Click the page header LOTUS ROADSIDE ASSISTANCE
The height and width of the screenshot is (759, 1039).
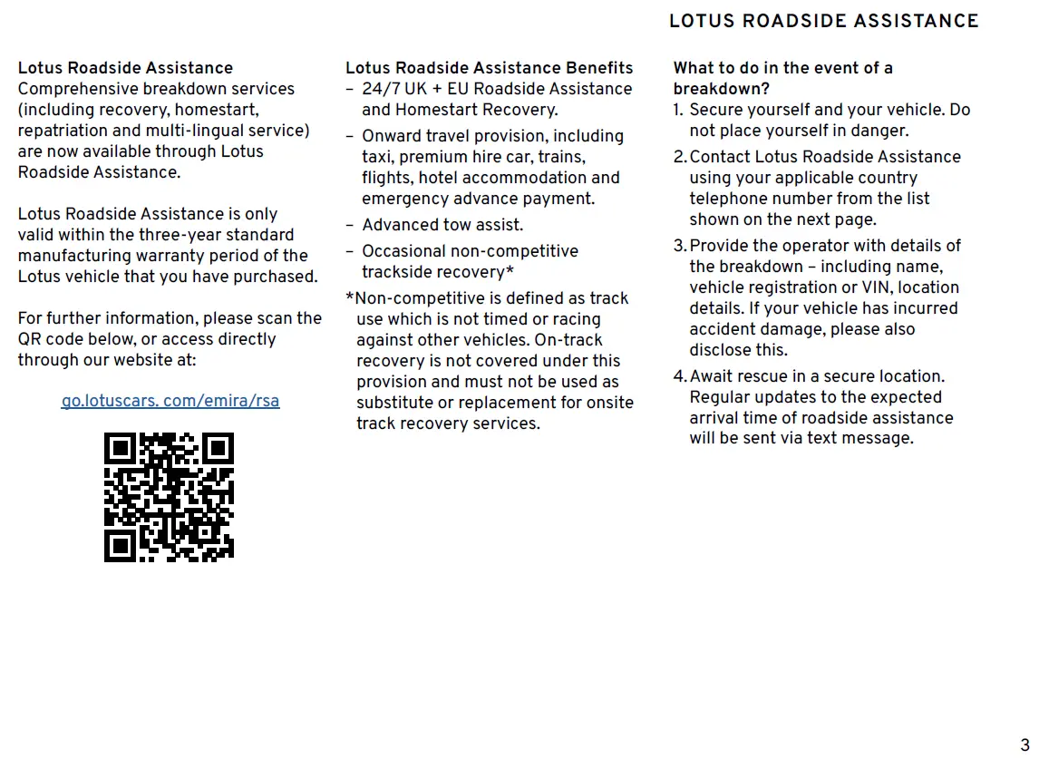pyautogui.click(x=823, y=21)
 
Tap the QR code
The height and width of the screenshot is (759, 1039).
pyautogui.click(x=169, y=497)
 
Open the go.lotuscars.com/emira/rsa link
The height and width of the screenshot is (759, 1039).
pyautogui.click(x=170, y=401)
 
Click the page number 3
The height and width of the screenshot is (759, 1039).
pyautogui.click(x=1024, y=745)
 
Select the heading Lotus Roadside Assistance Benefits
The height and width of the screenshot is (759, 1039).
pyautogui.click(x=489, y=68)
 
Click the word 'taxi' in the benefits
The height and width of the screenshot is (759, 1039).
pyautogui.click(x=377, y=157)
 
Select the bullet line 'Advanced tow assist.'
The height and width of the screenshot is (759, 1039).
pyautogui.click(x=442, y=225)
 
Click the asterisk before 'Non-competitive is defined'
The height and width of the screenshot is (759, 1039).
pyautogui.click(x=350, y=298)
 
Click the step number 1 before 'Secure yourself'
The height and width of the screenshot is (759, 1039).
pyautogui.click(x=677, y=110)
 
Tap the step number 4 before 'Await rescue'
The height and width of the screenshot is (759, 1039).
pyautogui.click(x=680, y=376)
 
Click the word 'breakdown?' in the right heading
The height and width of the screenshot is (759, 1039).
pyautogui.click(x=721, y=89)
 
